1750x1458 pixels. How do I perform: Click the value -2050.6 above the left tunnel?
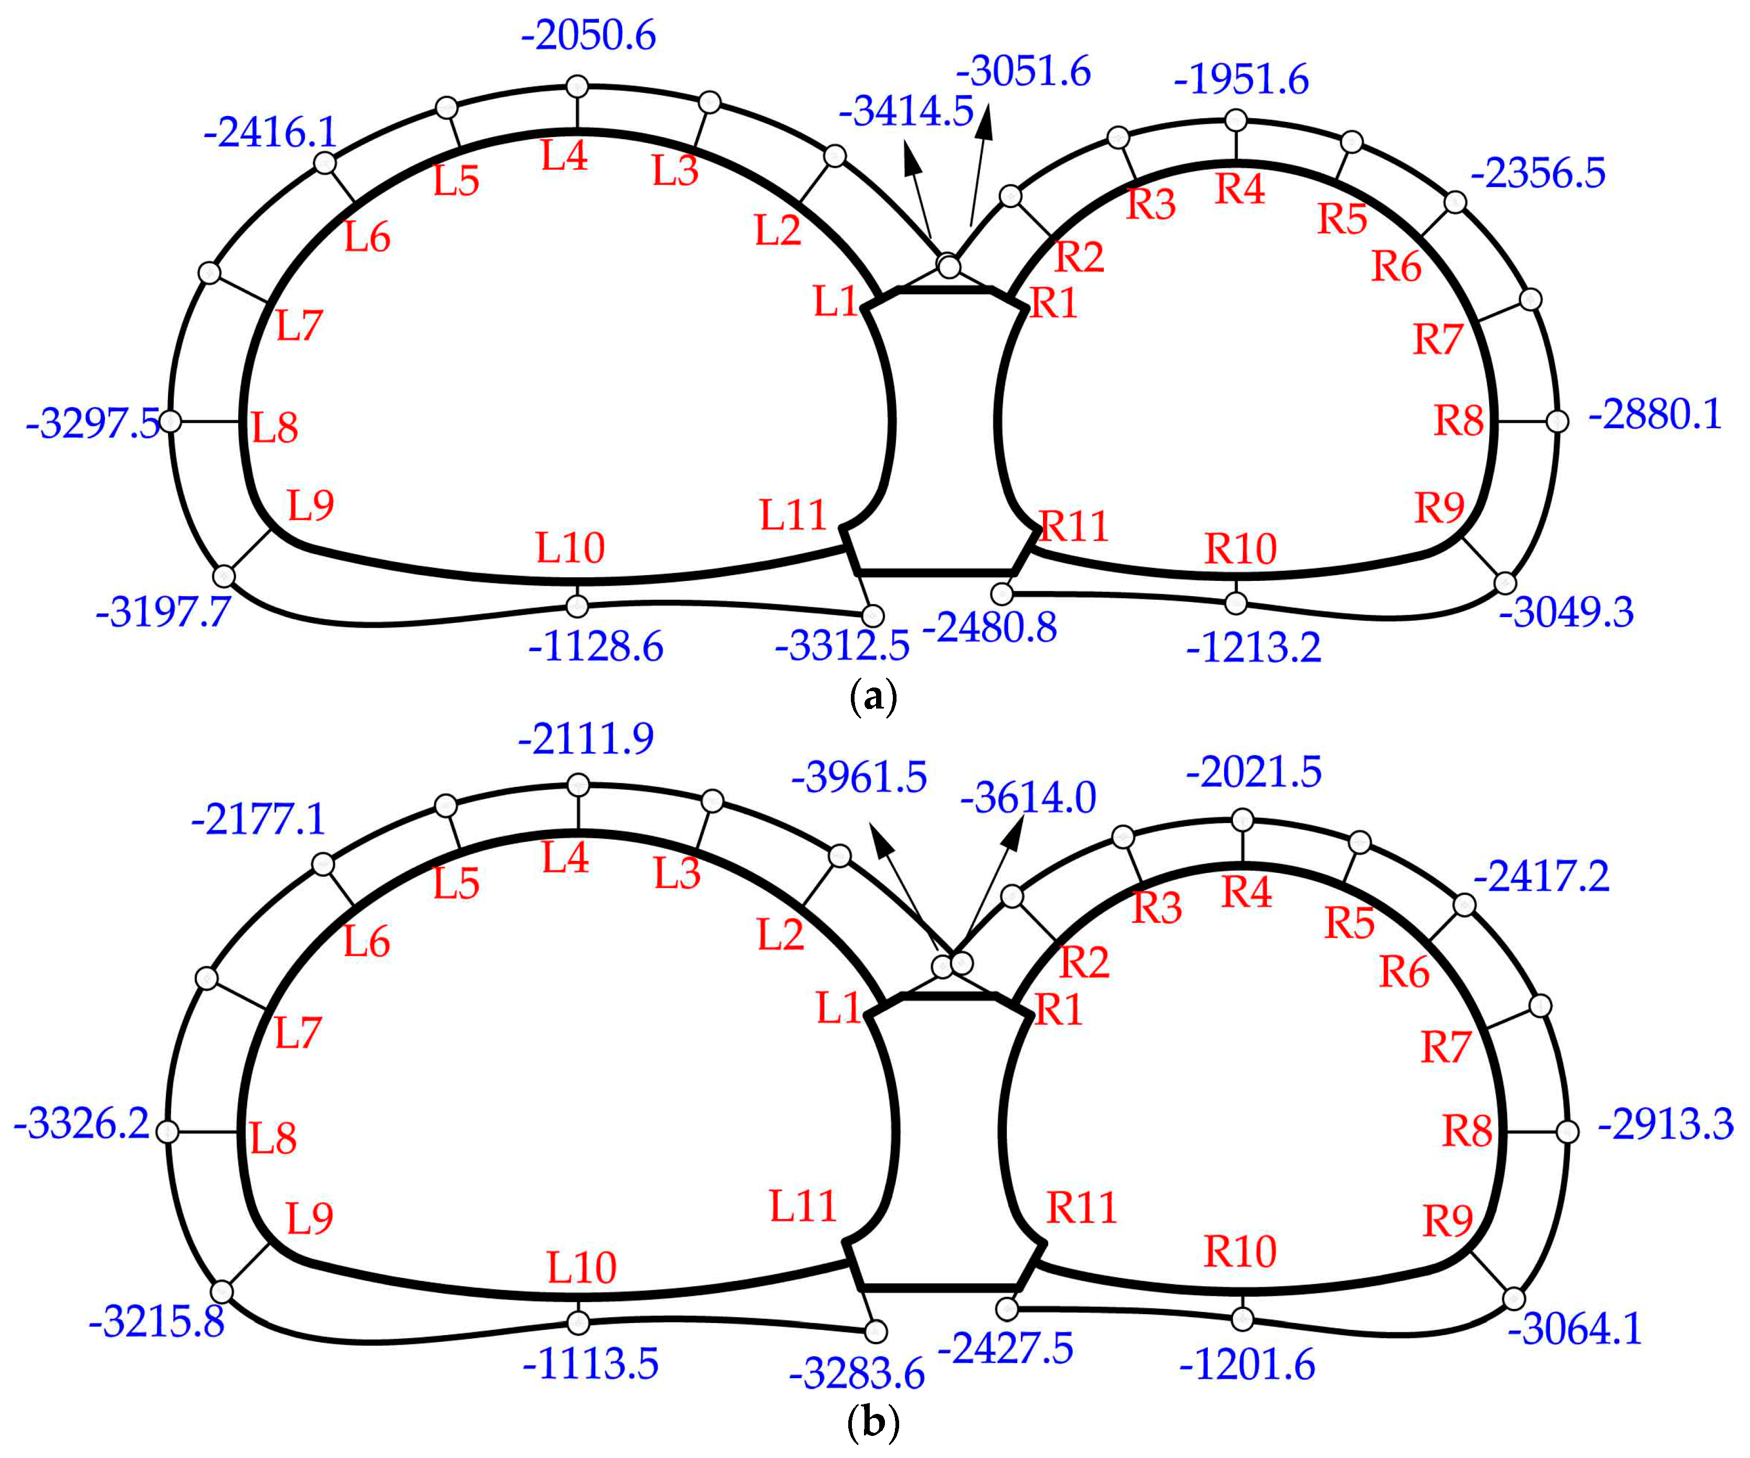pyautogui.click(x=588, y=36)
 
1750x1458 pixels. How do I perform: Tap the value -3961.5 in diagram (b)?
pyautogui.click(x=859, y=777)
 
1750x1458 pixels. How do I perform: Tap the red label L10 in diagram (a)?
pyautogui.click(x=570, y=548)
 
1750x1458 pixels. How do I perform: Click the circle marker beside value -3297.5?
pyautogui.click(x=170, y=422)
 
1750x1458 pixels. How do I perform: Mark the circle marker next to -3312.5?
pyautogui.click(x=872, y=616)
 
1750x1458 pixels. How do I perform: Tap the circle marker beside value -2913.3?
pyautogui.click(x=1567, y=1132)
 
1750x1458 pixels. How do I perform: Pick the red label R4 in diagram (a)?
pyautogui.click(x=1240, y=189)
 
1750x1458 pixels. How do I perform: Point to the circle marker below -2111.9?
pyautogui.click(x=578, y=785)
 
